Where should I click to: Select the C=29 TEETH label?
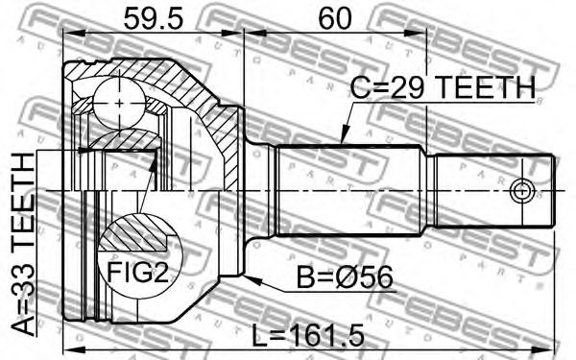tap(443, 87)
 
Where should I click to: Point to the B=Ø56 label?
tap(345, 277)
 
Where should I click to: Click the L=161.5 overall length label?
tap(308, 335)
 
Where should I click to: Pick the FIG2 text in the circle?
tap(137, 272)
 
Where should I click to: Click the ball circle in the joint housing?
tap(119, 104)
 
